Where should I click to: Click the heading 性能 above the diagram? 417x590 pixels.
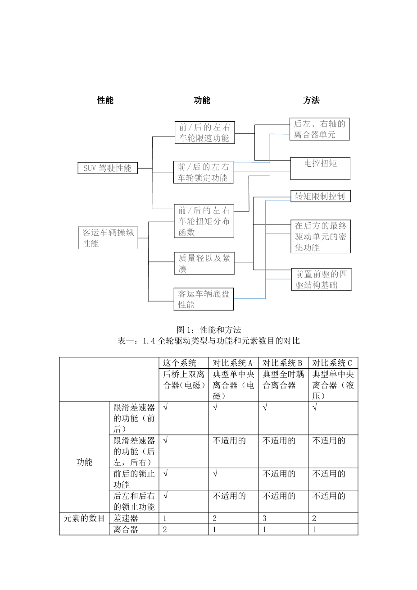point(105,100)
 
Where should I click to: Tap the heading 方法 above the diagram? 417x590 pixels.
point(311,100)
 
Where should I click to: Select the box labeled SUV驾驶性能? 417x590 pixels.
point(108,168)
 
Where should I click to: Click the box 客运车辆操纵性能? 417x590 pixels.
point(108,238)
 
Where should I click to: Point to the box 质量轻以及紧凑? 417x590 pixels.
point(204,263)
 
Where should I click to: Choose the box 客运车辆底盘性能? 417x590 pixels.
point(204,299)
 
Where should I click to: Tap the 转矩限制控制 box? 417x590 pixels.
point(320,196)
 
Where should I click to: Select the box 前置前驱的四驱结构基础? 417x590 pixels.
point(321,279)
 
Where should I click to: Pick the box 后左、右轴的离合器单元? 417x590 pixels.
point(319,129)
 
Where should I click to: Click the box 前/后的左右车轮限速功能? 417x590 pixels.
point(204,133)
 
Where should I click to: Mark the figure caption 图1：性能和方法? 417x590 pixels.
point(208,330)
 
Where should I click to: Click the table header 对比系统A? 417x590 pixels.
point(233,363)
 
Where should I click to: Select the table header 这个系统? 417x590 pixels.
point(180,363)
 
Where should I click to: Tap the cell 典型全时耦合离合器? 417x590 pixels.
point(283,380)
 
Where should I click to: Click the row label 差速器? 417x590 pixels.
point(126,518)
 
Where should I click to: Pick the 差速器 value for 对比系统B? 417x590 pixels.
point(265,518)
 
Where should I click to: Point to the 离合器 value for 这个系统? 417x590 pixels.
point(165,530)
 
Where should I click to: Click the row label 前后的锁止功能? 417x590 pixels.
point(134,479)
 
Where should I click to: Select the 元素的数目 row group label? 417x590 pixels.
point(84,518)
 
